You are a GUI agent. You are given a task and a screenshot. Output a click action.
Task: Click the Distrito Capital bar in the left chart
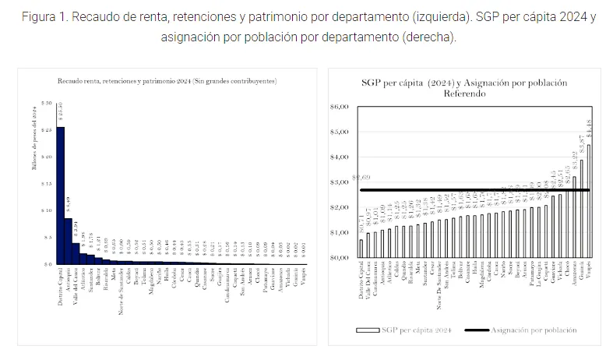click(61, 195)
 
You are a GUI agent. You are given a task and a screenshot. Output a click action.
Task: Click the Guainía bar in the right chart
click(581, 209)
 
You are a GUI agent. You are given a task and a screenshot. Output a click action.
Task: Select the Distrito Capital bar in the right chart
click(361, 248)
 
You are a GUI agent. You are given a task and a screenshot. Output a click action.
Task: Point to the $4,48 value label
click(589, 129)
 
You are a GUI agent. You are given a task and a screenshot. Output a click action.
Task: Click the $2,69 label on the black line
click(361, 179)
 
